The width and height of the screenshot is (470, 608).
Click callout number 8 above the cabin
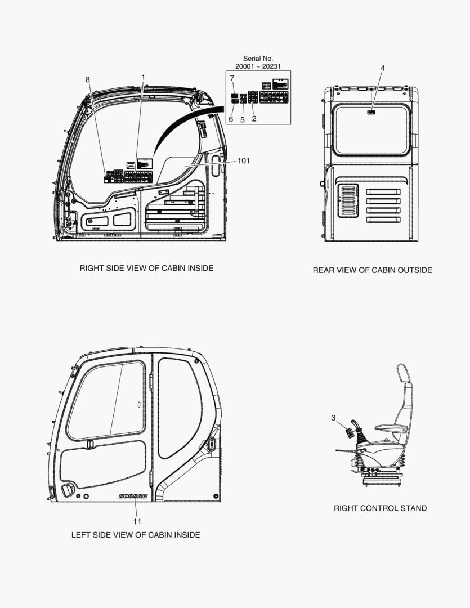(x=88, y=79)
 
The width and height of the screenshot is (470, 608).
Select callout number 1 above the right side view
(x=143, y=77)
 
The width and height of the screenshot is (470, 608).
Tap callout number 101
(x=243, y=161)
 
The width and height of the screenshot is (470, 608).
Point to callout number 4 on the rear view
(x=383, y=68)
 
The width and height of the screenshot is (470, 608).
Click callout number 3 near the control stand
(x=333, y=418)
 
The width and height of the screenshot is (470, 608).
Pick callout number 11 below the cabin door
(x=137, y=521)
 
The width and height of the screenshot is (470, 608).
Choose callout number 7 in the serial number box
(x=232, y=78)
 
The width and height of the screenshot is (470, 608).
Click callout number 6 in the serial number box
(x=231, y=119)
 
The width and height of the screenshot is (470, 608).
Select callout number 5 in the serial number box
(x=243, y=119)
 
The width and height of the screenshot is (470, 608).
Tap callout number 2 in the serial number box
(x=254, y=119)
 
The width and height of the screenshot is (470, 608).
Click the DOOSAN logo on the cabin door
(x=133, y=496)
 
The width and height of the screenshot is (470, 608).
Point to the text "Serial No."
(x=258, y=59)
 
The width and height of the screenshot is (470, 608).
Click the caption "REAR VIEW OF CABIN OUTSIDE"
(x=372, y=270)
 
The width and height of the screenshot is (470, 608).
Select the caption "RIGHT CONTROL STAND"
(x=380, y=508)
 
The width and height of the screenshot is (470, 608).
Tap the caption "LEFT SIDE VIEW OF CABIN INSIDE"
(x=135, y=535)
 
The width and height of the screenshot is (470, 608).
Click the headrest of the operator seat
(x=403, y=373)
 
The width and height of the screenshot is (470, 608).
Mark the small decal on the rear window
(x=371, y=113)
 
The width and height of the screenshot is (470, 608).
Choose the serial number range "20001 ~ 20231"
(x=258, y=66)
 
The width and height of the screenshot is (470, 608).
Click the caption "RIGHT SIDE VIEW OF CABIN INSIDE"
(x=146, y=269)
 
